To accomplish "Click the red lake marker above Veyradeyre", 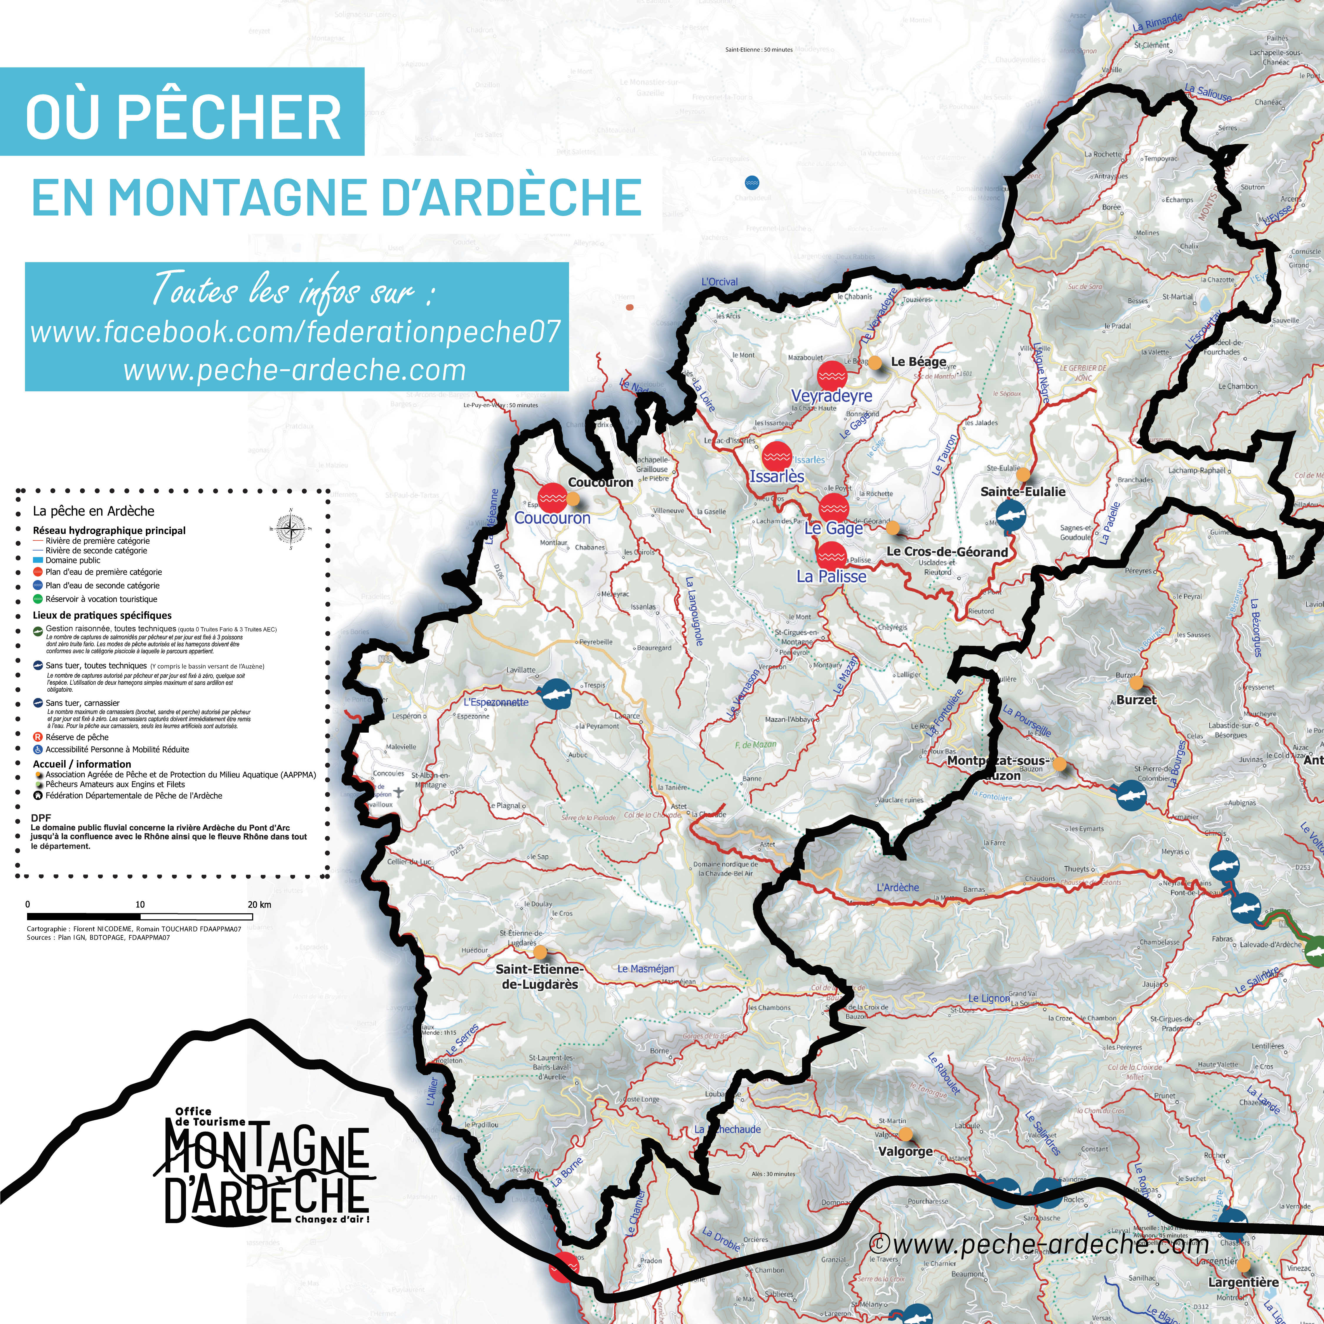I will pos(832,375).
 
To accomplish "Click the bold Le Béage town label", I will pos(918,362).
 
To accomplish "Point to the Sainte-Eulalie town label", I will pos(1022,491).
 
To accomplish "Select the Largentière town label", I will pos(1243,1282).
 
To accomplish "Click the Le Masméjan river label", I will pos(646,969).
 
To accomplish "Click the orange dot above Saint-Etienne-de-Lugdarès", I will pos(540,952).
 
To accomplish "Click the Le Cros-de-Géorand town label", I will pos(947,552).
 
